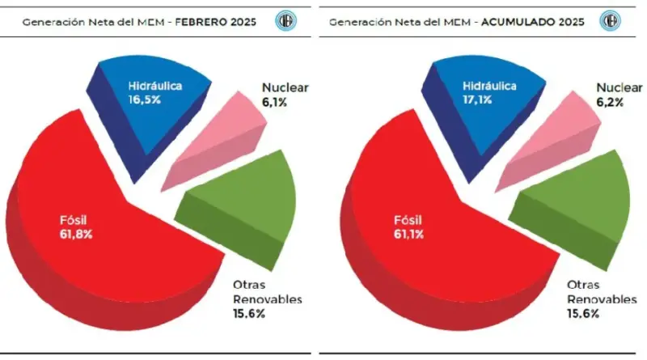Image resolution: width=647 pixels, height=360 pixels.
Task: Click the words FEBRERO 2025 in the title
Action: [x=216, y=21]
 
